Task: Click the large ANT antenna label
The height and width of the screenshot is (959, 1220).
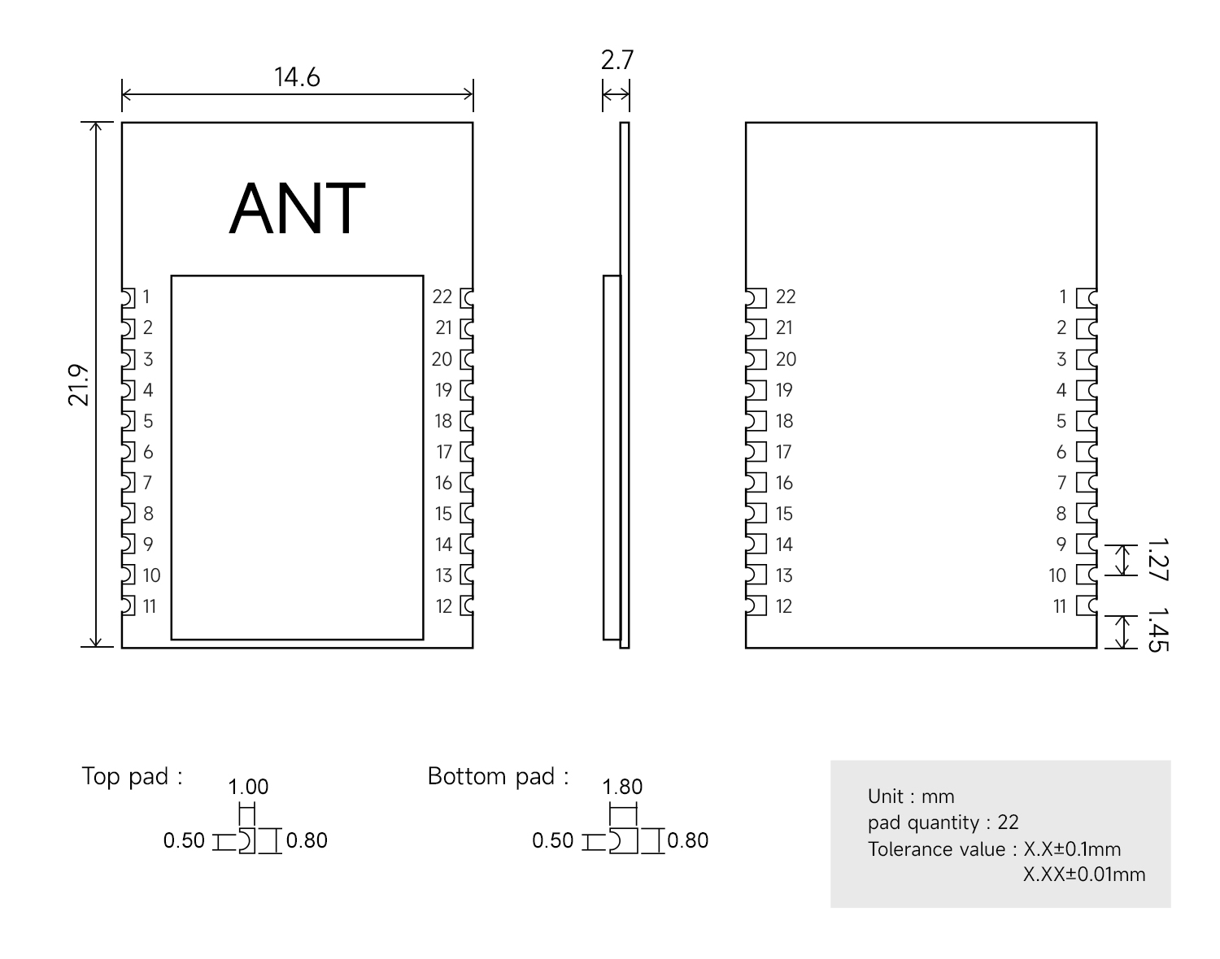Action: coord(297,210)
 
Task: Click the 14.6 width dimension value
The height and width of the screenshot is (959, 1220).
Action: coord(297,78)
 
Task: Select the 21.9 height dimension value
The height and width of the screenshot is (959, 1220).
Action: coord(78,385)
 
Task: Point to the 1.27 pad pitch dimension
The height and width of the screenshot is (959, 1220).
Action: coord(1158,559)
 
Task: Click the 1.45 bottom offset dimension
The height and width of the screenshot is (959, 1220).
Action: coord(1158,630)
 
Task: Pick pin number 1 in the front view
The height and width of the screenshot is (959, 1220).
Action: coord(146,297)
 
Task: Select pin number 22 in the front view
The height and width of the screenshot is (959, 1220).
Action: coord(442,297)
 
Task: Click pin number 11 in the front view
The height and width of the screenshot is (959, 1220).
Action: coord(149,606)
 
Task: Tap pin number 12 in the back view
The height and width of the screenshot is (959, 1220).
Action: coord(783,606)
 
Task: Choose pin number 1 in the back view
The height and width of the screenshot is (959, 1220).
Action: coord(1062,297)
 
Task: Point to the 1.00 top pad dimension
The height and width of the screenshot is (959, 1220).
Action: coord(248,787)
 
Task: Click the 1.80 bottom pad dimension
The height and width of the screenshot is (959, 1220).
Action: coord(622,787)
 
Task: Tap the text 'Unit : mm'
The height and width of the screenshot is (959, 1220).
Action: coord(911,796)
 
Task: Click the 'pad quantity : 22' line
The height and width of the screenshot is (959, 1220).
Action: coord(943,822)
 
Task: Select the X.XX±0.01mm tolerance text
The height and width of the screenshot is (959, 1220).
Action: coord(1083,874)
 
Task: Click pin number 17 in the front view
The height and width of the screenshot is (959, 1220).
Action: coord(443,452)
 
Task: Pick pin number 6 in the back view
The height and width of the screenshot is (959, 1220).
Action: coord(1061,452)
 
